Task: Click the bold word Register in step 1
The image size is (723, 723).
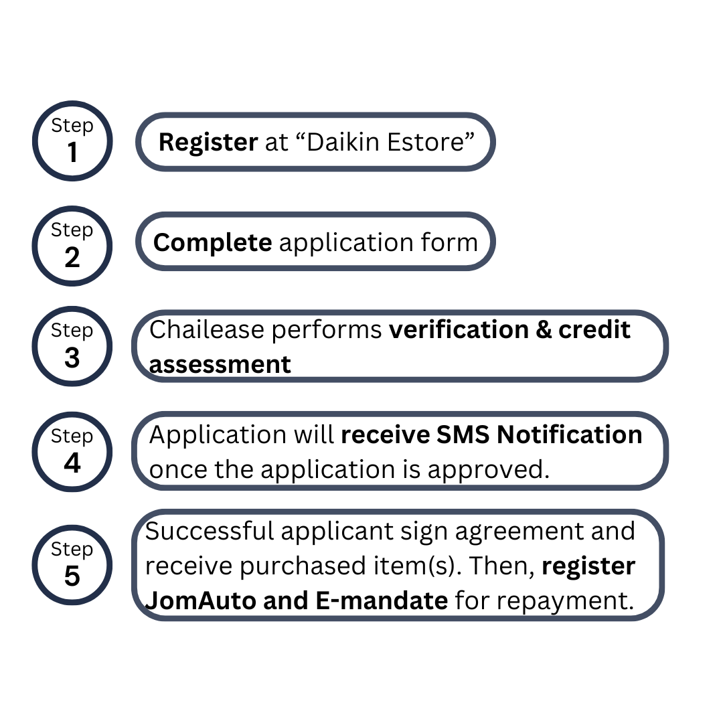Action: pos(208,143)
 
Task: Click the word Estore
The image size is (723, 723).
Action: pos(424,142)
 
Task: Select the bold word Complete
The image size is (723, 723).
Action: pos(213,243)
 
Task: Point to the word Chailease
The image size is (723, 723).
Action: pos(207,329)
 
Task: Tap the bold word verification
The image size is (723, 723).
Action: pos(459,329)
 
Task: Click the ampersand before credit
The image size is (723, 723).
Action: pos(544,330)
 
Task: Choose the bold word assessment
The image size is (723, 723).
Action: pos(220,365)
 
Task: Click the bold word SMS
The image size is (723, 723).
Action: pos(463,435)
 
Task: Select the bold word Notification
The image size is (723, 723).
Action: pos(570,435)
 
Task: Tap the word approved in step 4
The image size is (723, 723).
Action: pos(488,470)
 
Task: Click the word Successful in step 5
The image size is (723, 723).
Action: pos(210,531)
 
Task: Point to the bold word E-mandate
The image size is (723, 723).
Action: pos(382,600)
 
